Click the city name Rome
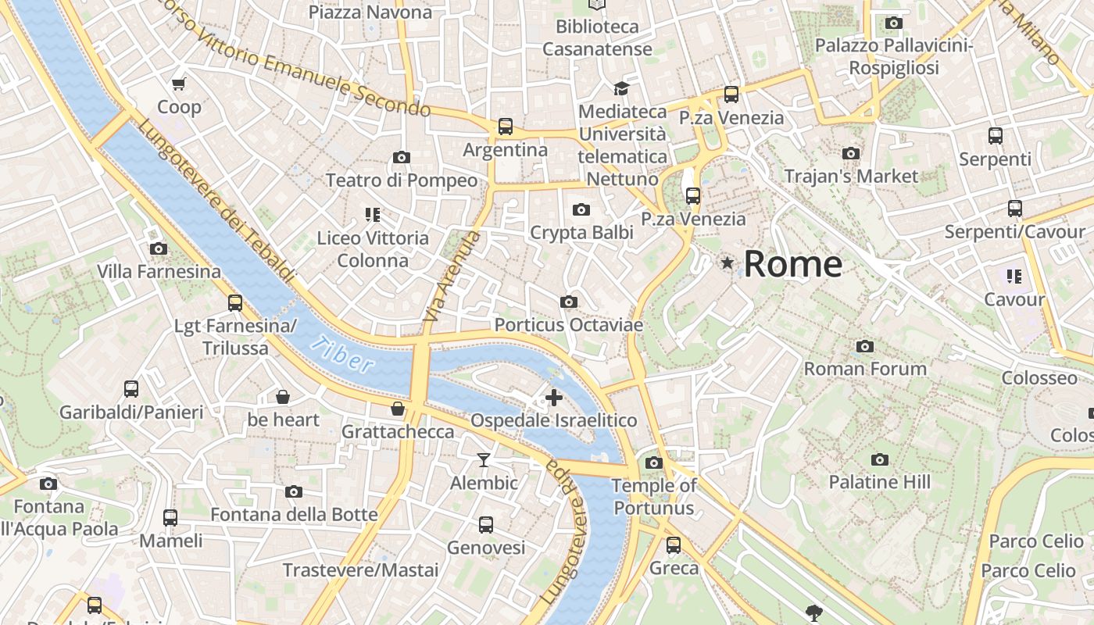792,264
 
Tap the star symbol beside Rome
728,263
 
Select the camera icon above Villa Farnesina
159,249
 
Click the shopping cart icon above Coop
179,84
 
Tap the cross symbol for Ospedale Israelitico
554,398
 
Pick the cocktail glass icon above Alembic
484,460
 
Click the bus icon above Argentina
506,127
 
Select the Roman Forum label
865,368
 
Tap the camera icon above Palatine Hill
880,459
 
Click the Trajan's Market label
851,176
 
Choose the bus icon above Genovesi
486,525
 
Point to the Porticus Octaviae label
569,324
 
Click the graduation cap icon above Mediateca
621,88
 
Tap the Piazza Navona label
370,12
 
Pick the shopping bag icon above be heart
283,397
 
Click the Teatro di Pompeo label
401,180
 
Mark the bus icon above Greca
674,545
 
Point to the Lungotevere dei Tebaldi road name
217,202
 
